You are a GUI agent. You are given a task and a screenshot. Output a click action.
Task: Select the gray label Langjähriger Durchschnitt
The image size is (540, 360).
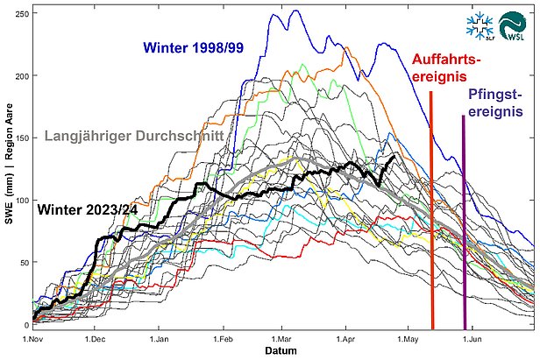133,136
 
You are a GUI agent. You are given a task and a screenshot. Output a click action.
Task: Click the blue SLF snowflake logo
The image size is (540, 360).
480,26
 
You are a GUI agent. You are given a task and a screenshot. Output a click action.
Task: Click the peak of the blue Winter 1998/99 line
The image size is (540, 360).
295,11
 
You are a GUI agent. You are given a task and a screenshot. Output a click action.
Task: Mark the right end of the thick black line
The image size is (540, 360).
394,155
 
